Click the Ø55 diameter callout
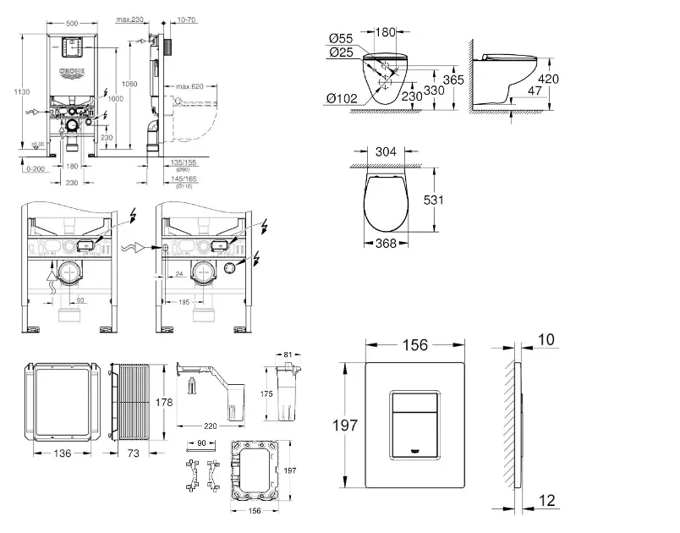click(340, 38)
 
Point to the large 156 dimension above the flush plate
click(414, 344)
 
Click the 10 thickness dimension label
click(546, 340)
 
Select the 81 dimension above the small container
click(287, 354)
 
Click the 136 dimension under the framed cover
click(63, 453)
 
